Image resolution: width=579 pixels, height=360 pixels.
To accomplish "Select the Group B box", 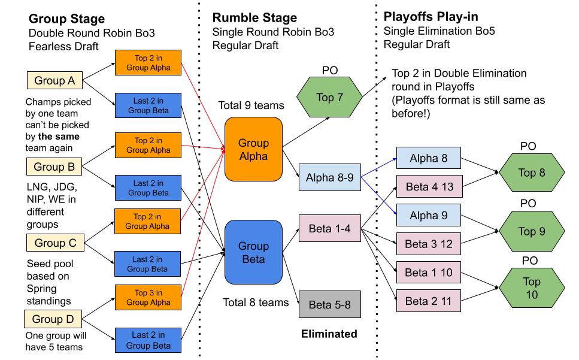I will [x=54, y=167].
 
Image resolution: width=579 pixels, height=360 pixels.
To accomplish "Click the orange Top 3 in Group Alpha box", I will [x=148, y=297].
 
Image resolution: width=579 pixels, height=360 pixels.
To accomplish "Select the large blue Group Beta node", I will [x=253, y=252].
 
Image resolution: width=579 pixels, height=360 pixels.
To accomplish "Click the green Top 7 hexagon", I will [x=329, y=98].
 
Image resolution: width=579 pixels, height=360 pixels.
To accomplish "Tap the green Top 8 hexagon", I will [x=532, y=173].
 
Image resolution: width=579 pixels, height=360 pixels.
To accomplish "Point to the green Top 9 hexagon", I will [x=532, y=231].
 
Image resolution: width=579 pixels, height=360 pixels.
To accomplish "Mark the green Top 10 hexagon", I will [x=532, y=288].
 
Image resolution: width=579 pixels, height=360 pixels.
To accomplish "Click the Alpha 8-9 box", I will [x=329, y=178].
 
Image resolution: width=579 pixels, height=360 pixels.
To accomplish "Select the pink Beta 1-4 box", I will [x=329, y=229].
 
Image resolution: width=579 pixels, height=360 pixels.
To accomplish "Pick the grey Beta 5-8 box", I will [x=329, y=305].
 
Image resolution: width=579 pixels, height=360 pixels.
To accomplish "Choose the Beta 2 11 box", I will [x=429, y=301].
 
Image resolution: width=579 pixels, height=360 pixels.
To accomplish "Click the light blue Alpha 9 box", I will [x=429, y=215].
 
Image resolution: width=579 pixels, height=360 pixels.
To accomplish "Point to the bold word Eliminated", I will [x=329, y=334].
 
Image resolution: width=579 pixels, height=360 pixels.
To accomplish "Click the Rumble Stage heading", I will [x=255, y=18].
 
